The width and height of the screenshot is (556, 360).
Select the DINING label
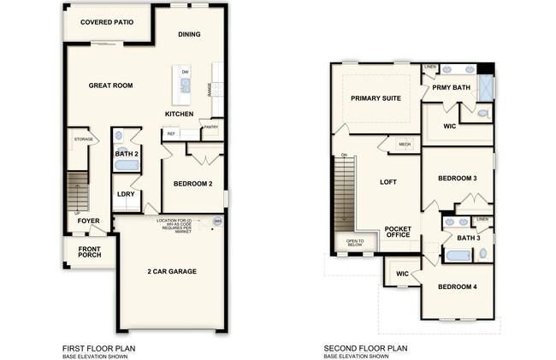[189, 35]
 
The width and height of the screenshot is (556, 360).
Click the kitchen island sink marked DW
[185, 81]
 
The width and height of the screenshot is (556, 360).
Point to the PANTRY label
[210, 127]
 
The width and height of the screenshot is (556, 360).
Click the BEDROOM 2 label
[192, 183]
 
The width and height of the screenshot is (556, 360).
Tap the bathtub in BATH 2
[126, 165]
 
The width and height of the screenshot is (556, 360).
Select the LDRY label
[125, 194]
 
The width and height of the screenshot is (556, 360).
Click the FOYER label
[88, 221]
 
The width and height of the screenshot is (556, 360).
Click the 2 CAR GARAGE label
[171, 272]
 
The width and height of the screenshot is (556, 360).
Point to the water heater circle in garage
[217, 222]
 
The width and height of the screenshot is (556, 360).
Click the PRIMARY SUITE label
[376, 99]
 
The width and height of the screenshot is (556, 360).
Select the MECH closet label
[405, 145]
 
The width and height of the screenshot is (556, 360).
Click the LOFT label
[388, 182]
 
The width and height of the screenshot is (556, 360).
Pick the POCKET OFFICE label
[398, 233]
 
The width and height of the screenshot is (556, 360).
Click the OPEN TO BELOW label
[354, 243]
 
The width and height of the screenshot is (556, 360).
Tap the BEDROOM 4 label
[457, 286]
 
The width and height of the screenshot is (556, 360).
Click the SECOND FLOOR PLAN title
[365, 348]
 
